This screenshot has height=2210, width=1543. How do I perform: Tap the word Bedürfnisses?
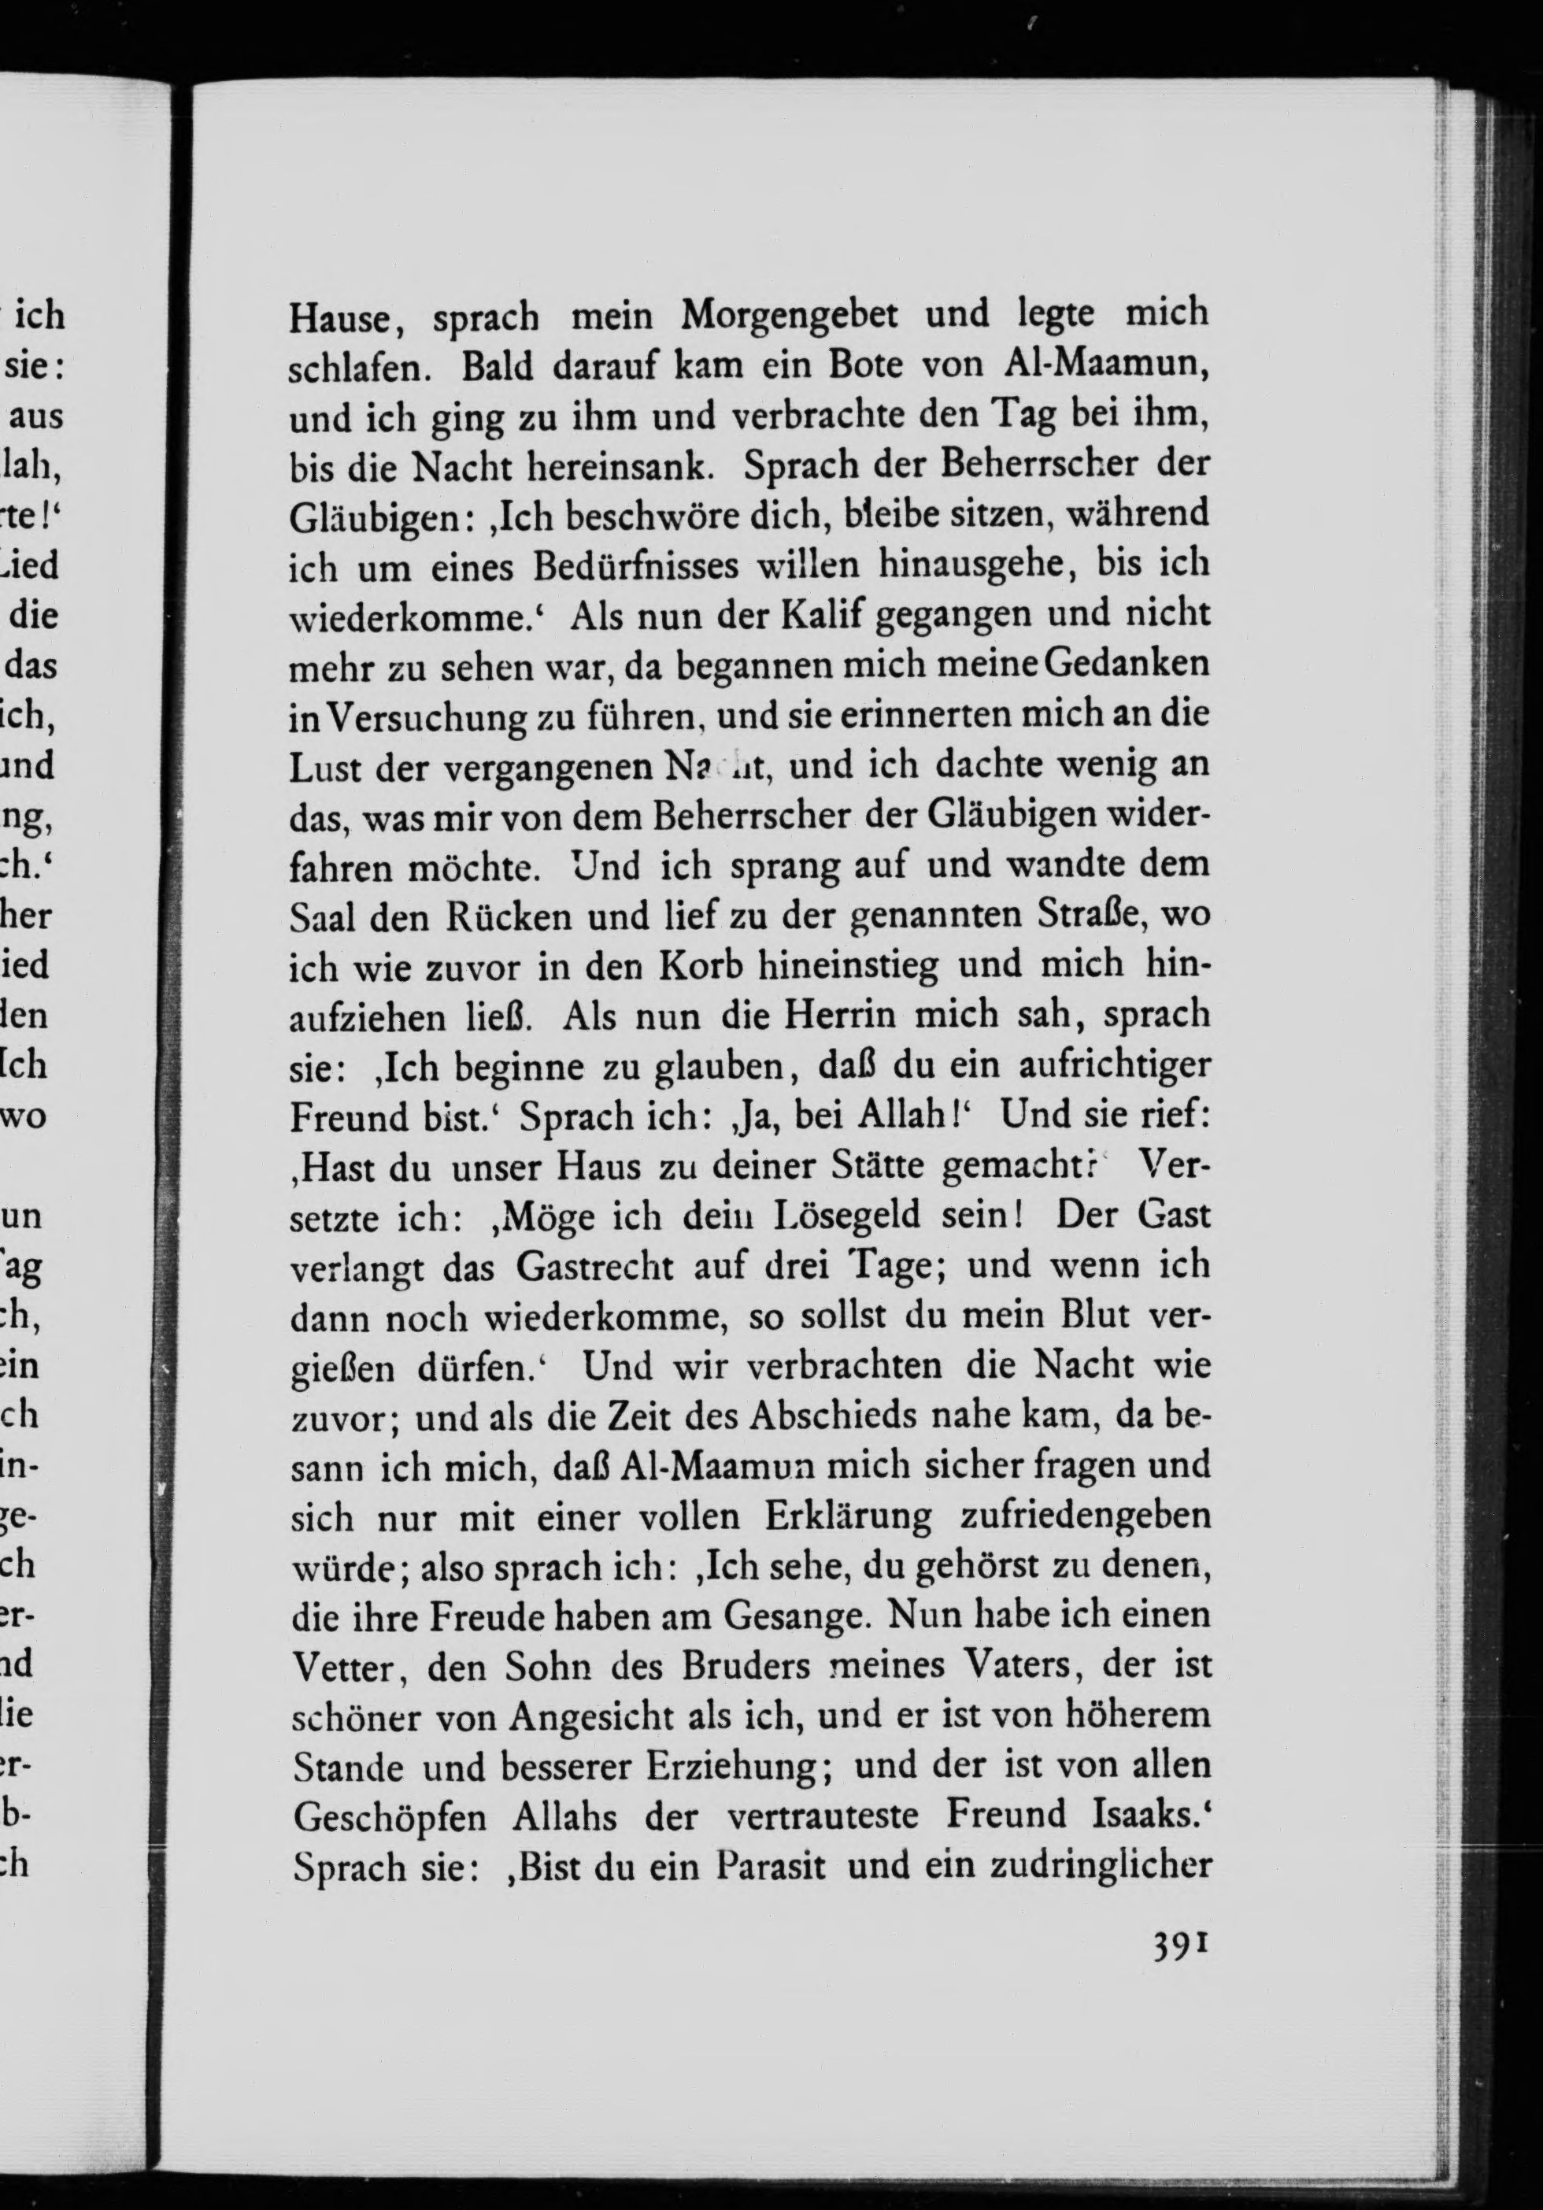(x=636, y=565)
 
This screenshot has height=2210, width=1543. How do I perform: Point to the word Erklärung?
(x=848, y=1518)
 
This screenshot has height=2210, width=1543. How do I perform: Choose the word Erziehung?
(x=735, y=1768)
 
